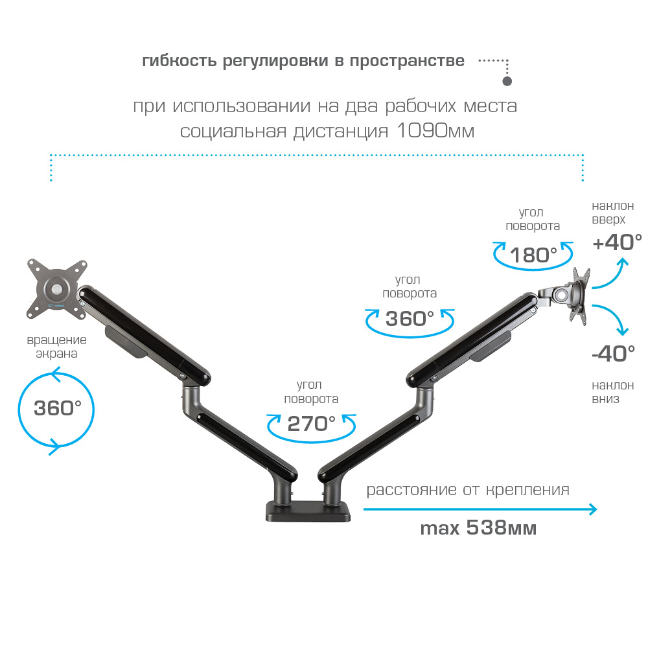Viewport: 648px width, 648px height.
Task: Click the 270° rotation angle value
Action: tap(311, 424)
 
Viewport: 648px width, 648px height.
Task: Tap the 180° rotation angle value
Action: tap(533, 255)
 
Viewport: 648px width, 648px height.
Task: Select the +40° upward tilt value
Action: tap(617, 242)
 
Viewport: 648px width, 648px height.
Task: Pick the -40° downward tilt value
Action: tap(613, 354)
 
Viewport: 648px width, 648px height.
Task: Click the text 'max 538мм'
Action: tap(478, 527)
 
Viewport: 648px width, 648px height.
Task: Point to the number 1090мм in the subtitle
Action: tap(435, 131)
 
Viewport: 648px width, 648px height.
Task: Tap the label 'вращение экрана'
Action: tap(56, 347)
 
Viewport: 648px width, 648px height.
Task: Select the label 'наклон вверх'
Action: tap(612, 213)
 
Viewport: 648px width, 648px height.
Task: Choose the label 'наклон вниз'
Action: tap(612, 392)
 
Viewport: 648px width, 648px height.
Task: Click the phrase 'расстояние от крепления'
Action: tap(468, 490)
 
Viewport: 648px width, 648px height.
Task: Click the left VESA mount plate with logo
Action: tap(56, 288)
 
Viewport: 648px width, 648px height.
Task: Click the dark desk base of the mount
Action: tap(308, 511)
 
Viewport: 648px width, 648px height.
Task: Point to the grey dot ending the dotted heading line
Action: tap(507, 81)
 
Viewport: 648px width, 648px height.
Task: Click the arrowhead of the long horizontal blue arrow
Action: tap(594, 509)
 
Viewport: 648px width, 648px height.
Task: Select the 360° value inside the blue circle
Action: tap(58, 408)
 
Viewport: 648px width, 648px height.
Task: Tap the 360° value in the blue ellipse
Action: tap(410, 319)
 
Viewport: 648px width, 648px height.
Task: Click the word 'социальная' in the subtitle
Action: tap(233, 132)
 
